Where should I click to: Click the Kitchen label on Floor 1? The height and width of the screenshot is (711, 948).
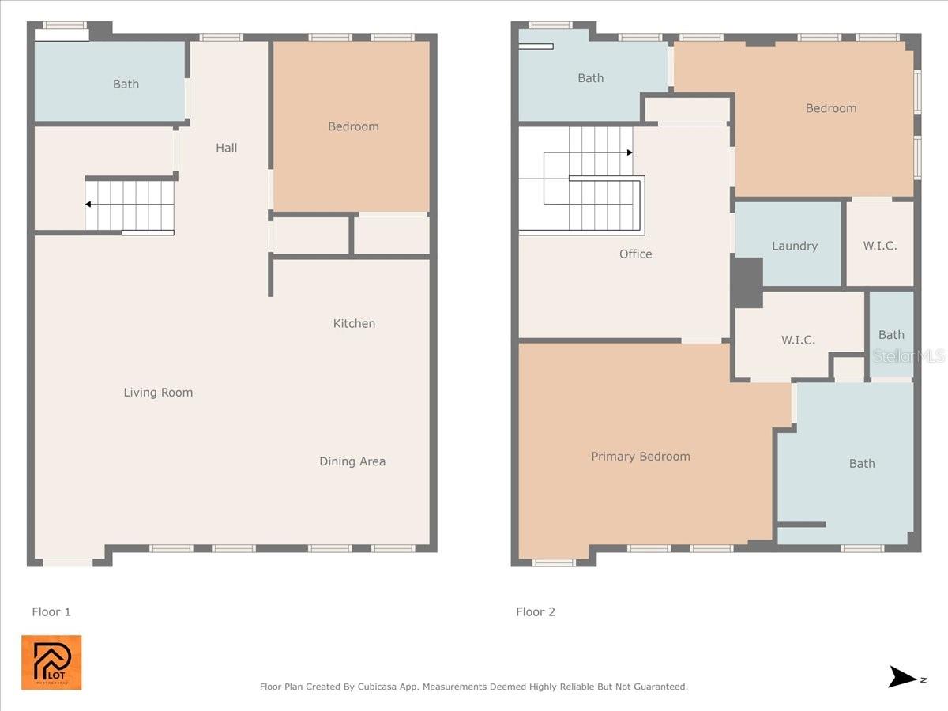tap(354, 323)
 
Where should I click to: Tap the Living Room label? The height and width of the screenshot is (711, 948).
tap(158, 393)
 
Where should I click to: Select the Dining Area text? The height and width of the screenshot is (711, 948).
tap(352, 461)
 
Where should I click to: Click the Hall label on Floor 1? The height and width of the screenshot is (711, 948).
tap(227, 148)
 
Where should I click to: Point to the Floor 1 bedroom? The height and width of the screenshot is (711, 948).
tap(353, 126)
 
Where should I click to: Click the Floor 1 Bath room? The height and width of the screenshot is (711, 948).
tap(126, 84)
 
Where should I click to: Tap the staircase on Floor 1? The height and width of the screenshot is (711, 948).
tap(130, 205)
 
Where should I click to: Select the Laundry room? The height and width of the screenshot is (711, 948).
tap(794, 246)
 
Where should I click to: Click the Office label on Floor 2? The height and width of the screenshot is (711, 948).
tap(636, 254)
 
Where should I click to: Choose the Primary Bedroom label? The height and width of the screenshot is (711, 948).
tap(641, 457)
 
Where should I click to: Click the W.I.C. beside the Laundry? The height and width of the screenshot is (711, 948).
tap(880, 246)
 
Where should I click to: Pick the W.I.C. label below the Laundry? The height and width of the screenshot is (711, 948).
tap(798, 340)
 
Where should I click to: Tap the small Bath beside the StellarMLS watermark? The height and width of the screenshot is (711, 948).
tap(891, 335)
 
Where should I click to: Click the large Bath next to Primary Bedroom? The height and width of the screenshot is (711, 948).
tap(862, 464)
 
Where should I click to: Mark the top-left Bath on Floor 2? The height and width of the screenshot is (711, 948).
tap(590, 78)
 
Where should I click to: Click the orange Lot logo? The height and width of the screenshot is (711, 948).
tap(51, 662)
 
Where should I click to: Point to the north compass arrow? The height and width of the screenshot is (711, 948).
tap(903, 677)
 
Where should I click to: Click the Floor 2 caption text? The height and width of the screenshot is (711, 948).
tap(536, 611)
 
